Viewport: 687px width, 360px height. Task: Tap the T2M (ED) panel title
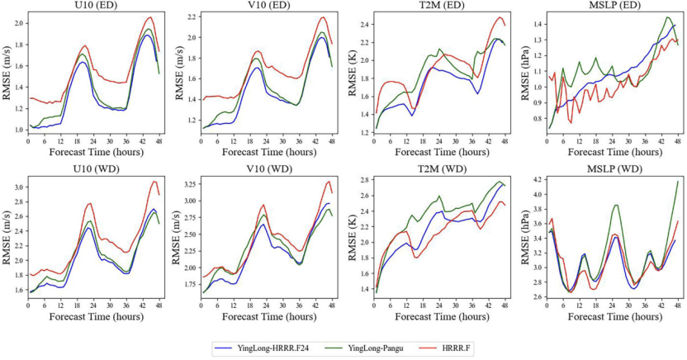438,6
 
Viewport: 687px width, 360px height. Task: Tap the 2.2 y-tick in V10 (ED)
189,17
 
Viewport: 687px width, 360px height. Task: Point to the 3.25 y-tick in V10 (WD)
187,181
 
